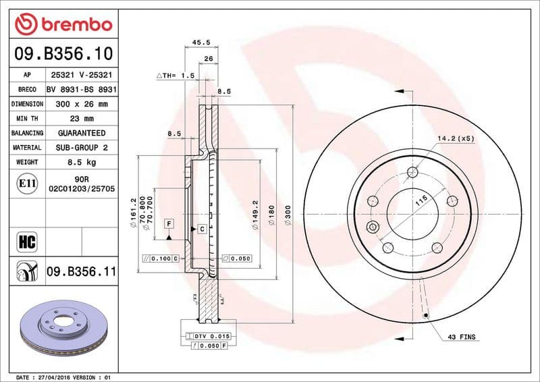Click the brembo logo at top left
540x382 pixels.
(x=63, y=24)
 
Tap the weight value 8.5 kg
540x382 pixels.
(x=82, y=162)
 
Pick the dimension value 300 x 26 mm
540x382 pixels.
(x=82, y=104)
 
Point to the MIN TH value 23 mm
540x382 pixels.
(x=82, y=119)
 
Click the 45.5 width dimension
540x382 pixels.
(x=201, y=43)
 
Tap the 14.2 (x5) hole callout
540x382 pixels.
(x=456, y=138)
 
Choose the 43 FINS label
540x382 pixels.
(x=462, y=336)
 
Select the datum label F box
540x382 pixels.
(x=168, y=223)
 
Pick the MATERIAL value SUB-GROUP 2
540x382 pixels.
(x=82, y=147)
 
